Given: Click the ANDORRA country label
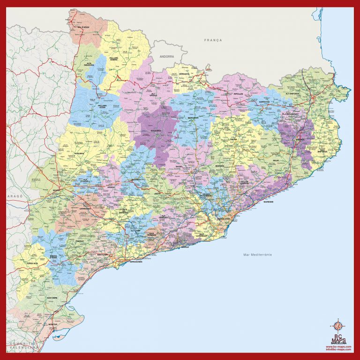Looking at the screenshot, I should point(166,56).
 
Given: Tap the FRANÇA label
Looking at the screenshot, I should point(213,40).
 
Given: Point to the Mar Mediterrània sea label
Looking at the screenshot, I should point(258,255).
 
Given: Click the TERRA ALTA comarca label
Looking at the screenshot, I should point(33,264).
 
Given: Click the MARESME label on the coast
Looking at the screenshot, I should point(268,202).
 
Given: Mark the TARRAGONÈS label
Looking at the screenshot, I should point(136,262).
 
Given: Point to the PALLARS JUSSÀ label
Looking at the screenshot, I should point(102,106).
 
